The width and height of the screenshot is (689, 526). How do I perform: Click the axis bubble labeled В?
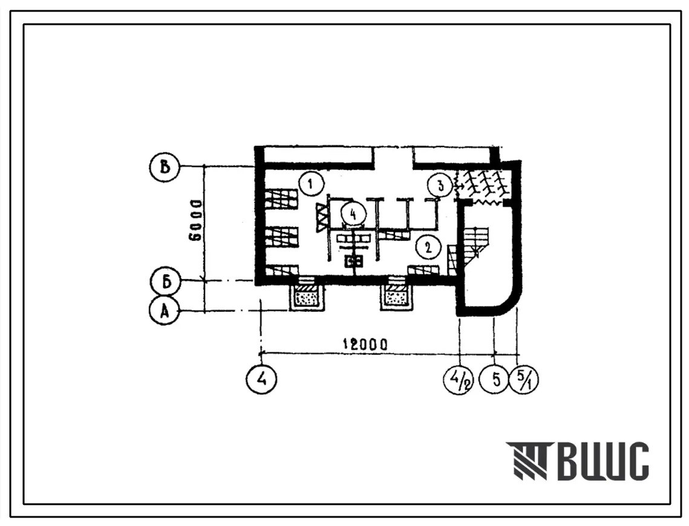click(x=165, y=167)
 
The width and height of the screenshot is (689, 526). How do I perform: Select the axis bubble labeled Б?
click(x=166, y=281)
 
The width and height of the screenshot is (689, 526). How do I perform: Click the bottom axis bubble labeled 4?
click(x=261, y=379)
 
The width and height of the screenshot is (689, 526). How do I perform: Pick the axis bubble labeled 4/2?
click(x=459, y=379)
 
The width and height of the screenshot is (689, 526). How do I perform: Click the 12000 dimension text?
click(x=365, y=344)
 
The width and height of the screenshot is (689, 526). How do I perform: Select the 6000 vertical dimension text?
click(x=195, y=220)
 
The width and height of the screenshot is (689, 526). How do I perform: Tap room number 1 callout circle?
click(x=310, y=184)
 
